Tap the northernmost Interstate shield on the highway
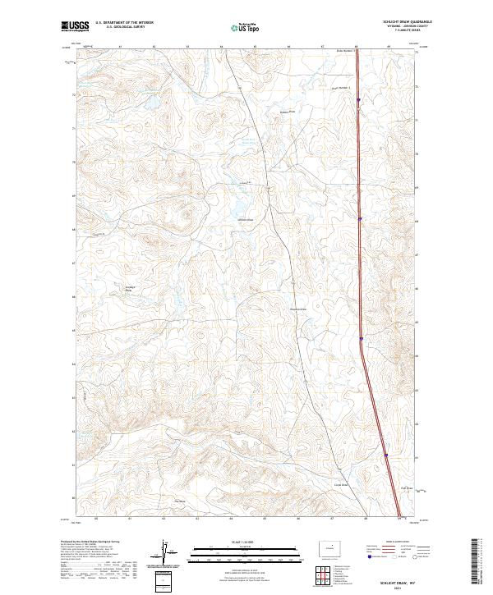tap(358, 101)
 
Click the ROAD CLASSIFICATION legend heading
tap(400, 543)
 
